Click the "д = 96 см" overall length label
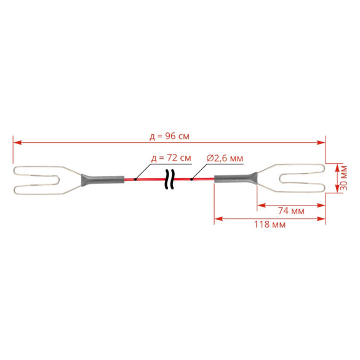tap(169, 137)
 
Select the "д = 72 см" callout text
tap(171, 158)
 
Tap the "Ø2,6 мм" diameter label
tap(225, 158)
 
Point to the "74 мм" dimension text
tap(291, 210)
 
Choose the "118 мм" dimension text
tap(270, 225)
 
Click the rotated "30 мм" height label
tap(344, 178)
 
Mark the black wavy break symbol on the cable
tap(169, 180)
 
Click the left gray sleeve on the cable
tap(103, 180)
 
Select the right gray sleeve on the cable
tap(236, 178)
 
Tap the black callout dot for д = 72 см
tap(135, 179)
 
